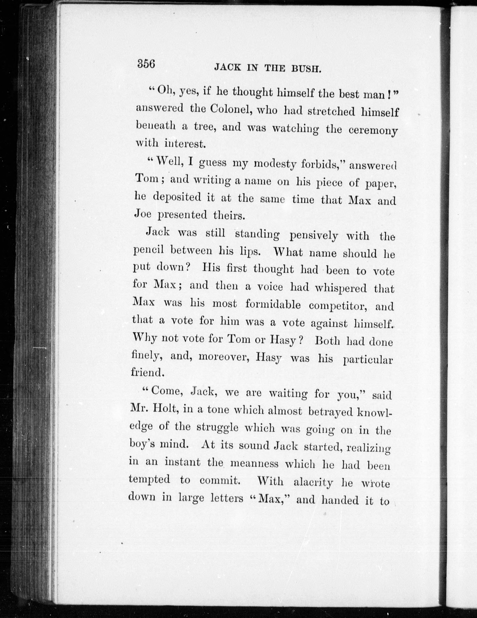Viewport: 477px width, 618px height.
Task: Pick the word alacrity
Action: coord(313,481)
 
